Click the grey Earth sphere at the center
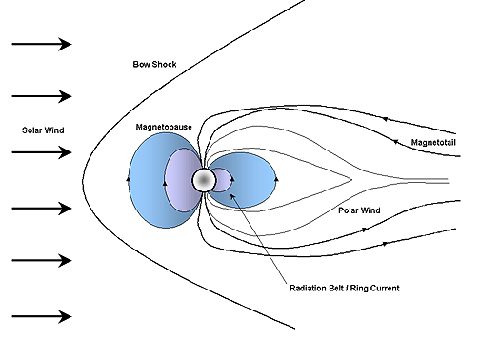[x=204, y=179]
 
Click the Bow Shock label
[x=154, y=64]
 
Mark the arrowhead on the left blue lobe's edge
[x=130, y=178]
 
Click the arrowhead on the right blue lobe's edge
[x=276, y=178]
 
